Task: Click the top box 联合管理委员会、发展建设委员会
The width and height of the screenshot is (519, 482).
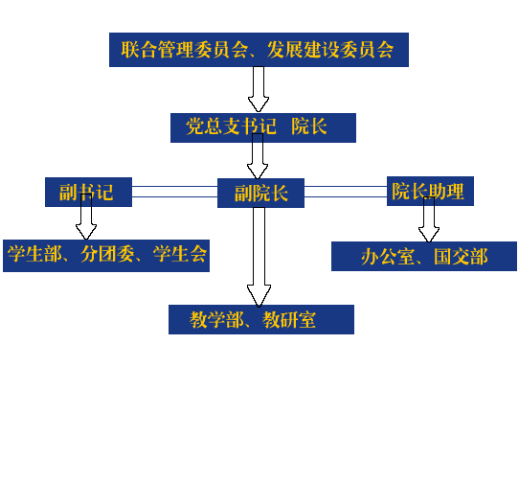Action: [259, 50]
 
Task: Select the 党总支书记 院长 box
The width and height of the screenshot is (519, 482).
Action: [263, 127]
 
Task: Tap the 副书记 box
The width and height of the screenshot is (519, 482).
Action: [88, 193]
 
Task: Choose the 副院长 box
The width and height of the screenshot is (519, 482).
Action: [260, 194]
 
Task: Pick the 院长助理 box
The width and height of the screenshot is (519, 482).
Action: [430, 191]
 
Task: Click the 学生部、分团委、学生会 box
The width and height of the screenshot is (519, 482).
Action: [106, 256]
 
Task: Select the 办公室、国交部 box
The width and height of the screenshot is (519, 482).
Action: [424, 257]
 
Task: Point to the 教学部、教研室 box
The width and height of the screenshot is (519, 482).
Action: [261, 320]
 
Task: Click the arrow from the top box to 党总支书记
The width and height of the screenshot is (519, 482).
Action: [259, 89]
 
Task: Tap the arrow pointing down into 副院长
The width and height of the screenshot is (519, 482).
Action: [258, 156]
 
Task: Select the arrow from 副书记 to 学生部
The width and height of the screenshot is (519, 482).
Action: [86, 217]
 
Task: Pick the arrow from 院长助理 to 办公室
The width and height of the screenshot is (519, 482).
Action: [429, 219]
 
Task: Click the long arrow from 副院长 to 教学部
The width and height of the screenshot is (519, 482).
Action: [259, 257]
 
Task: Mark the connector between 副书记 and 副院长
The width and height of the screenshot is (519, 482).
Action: [175, 192]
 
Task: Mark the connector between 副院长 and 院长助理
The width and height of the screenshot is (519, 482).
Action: [346, 192]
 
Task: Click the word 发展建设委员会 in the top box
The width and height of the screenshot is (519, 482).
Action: [330, 50]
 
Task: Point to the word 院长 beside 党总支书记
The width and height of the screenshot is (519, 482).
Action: [309, 126]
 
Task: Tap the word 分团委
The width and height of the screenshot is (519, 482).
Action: [107, 255]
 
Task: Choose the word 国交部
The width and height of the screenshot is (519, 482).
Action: [461, 257]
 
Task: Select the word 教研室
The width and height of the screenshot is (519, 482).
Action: [289, 320]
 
